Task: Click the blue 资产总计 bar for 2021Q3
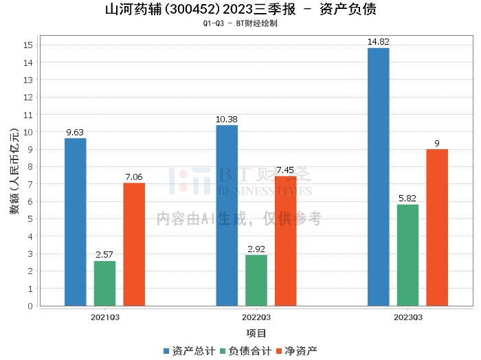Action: click(x=76, y=222)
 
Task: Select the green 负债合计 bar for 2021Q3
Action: click(x=104, y=283)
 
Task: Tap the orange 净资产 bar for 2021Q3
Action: click(x=134, y=244)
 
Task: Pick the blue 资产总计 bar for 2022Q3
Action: click(x=227, y=215)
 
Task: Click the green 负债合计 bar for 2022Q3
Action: click(x=256, y=280)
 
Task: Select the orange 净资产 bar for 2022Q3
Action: click(x=286, y=240)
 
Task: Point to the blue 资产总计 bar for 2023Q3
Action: click(x=378, y=177)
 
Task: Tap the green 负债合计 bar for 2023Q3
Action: click(x=407, y=255)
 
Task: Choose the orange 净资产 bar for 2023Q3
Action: click(x=437, y=227)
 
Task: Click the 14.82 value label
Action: click(x=378, y=42)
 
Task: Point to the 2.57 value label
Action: click(x=104, y=255)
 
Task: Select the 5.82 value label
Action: click(x=407, y=199)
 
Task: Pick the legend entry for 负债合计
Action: click(x=245, y=351)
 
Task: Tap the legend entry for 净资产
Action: click(x=296, y=351)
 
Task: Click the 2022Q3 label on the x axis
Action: click(x=256, y=317)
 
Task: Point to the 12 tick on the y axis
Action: click(x=28, y=97)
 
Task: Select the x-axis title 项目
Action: click(x=256, y=333)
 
